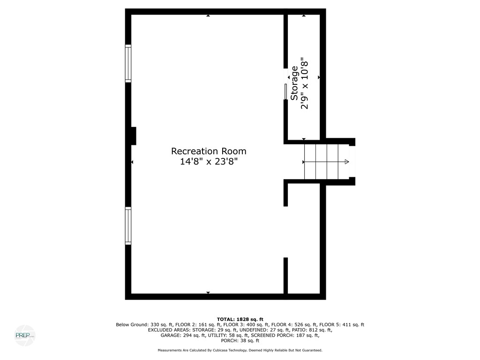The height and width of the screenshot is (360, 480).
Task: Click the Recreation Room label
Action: [x=209, y=151]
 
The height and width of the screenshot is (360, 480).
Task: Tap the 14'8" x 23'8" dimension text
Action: [x=209, y=162]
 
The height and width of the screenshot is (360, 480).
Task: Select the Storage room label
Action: [x=294, y=83]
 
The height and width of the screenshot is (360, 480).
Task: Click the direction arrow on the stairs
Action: [x=346, y=162]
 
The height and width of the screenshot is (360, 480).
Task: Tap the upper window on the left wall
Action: [x=128, y=63]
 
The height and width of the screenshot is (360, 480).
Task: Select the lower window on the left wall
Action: [x=128, y=225]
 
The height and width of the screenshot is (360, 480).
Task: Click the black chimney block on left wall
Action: [x=133, y=136]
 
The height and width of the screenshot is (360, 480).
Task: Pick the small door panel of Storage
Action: [x=285, y=92]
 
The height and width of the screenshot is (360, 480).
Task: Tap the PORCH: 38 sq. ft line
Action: [x=240, y=341]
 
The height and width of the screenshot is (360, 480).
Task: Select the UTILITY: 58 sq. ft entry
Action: [x=229, y=335]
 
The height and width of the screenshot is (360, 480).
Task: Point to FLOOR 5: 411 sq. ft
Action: [x=344, y=324]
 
